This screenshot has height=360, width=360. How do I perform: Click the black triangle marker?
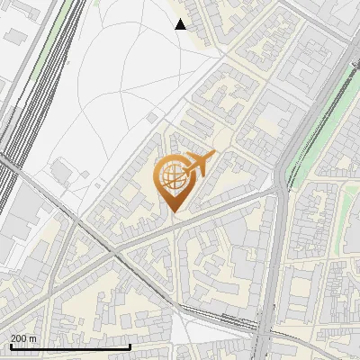click(181, 24)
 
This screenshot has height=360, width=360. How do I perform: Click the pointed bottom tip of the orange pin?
click(175, 211)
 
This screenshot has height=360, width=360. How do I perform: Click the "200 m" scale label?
click(23, 338)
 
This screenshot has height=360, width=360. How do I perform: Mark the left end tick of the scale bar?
click(10, 346)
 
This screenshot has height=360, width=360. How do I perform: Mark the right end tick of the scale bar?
click(130, 346)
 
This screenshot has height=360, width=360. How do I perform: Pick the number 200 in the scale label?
click(19, 338)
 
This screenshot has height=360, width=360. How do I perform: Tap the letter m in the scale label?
click(32, 338)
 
